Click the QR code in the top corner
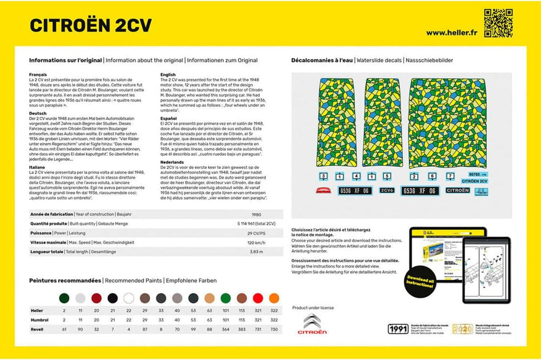498,23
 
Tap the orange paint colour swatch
274,298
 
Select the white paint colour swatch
129,298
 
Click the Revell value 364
225,329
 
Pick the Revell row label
37,329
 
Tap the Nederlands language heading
172,161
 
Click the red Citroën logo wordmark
312,332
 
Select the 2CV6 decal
387,190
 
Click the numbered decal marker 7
450,176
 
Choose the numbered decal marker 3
323,176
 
